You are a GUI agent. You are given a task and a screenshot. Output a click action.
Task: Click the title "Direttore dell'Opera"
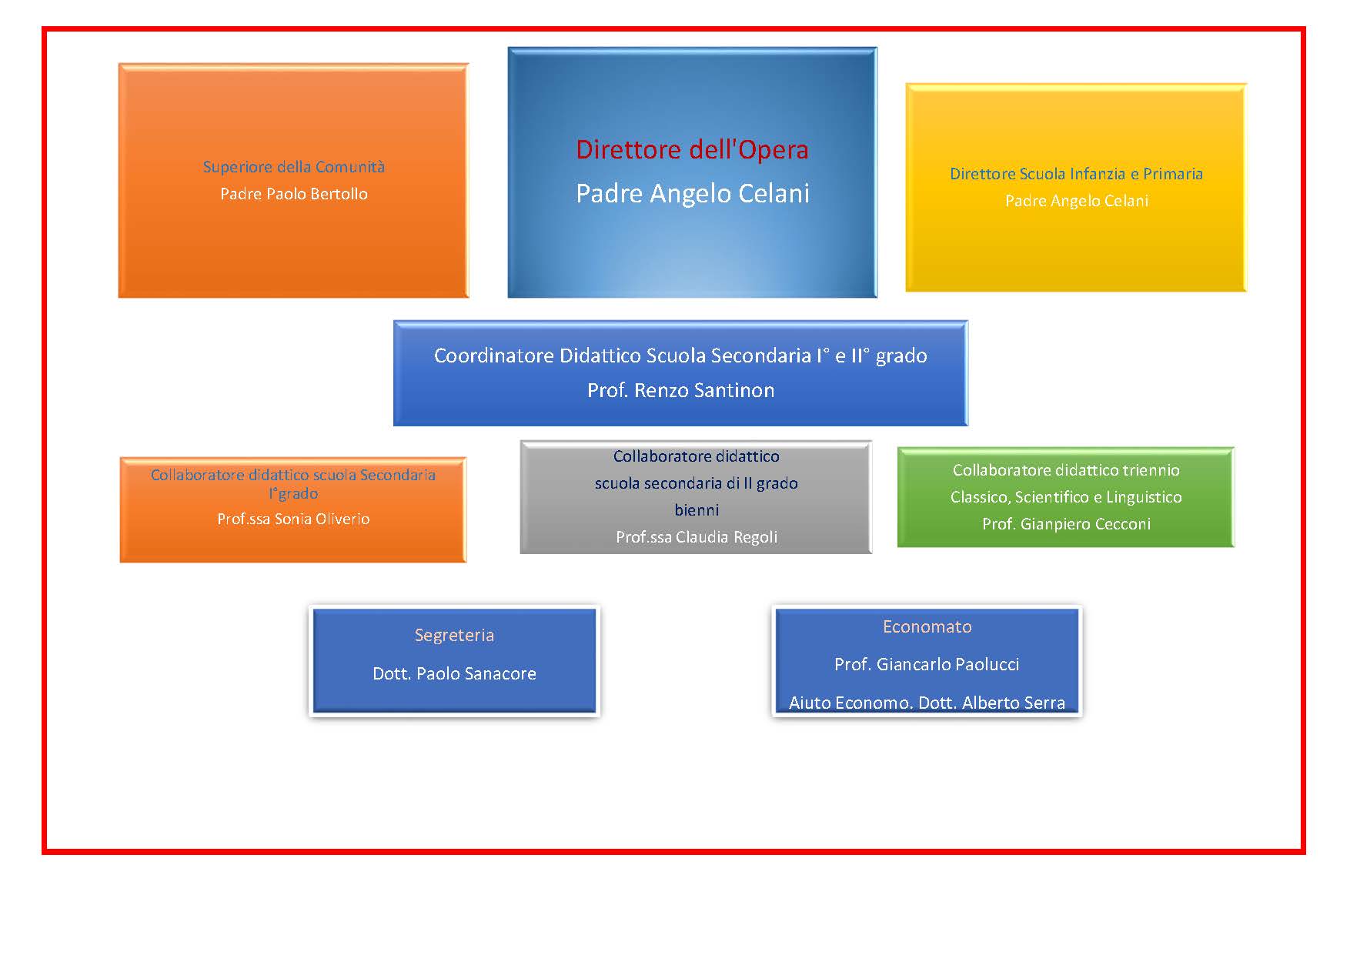tap(692, 149)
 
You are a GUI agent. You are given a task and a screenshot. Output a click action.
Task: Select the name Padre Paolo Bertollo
tap(294, 194)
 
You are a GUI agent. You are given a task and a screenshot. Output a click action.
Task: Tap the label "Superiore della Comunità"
tap(294, 167)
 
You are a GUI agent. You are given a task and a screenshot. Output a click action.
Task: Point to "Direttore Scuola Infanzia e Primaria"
tap(1076, 174)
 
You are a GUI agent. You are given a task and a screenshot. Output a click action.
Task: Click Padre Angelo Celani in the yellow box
tap(1076, 201)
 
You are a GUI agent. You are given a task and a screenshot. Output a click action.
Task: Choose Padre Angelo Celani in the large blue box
tap(693, 193)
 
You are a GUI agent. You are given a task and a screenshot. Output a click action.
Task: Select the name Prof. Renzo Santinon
tap(680, 390)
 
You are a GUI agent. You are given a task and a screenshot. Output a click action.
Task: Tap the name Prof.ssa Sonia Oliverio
tap(293, 519)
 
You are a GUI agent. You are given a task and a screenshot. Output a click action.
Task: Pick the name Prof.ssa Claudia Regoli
tap(697, 537)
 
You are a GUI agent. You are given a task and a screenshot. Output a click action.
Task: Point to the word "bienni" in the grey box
tap(697, 510)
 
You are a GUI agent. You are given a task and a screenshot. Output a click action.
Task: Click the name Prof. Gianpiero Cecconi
tap(1066, 524)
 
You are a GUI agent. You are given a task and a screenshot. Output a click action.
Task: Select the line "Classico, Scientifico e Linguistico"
tap(1066, 497)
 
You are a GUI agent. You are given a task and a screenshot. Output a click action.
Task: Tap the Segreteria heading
tap(454, 636)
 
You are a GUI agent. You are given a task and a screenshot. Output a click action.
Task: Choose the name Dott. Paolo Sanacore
tap(454, 673)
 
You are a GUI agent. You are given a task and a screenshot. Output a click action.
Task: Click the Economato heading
tap(927, 626)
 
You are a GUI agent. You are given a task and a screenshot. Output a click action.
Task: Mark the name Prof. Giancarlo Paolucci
tap(927, 664)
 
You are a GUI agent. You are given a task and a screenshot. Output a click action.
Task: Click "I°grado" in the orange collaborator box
tap(293, 494)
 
